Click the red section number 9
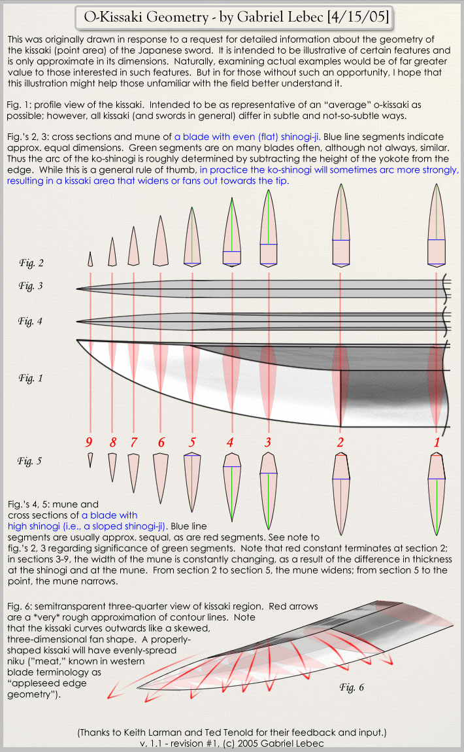[x=90, y=443]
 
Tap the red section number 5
[x=191, y=443]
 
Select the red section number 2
[x=340, y=443]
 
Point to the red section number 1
[x=437, y=443]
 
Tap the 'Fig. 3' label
[x=31, y=286]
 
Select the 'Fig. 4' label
[x=31, y=320]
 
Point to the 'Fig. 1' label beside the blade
[x=31, y=377]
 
